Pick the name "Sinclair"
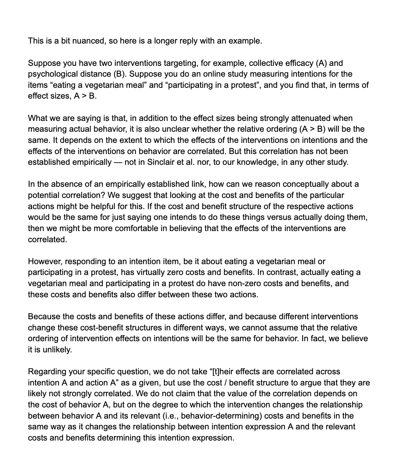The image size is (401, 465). (x=162, y=162)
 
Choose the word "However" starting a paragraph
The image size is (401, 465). (x=44, y=261)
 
